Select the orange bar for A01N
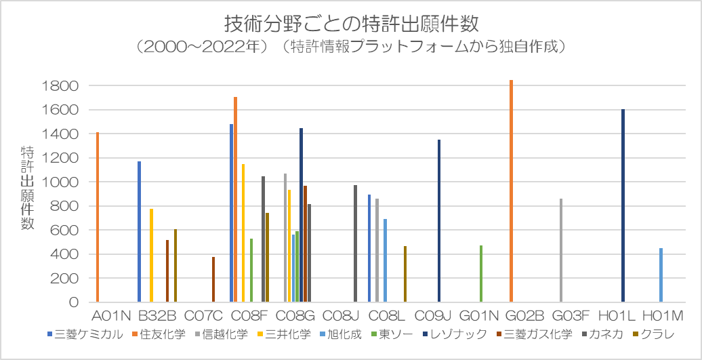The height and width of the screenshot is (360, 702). [98, 217]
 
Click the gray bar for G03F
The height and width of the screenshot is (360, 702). [561, 250]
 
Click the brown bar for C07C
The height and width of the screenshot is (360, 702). [213, 279]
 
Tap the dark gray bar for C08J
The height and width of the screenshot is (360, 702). [355, 243]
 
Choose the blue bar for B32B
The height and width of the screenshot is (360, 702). [140, 231]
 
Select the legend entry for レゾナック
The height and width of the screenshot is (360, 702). [458, 334]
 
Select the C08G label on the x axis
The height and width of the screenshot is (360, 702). [295, 316]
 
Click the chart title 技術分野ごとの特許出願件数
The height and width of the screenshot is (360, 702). [351, 24]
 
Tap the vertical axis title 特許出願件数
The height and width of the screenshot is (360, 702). [27, 186]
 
